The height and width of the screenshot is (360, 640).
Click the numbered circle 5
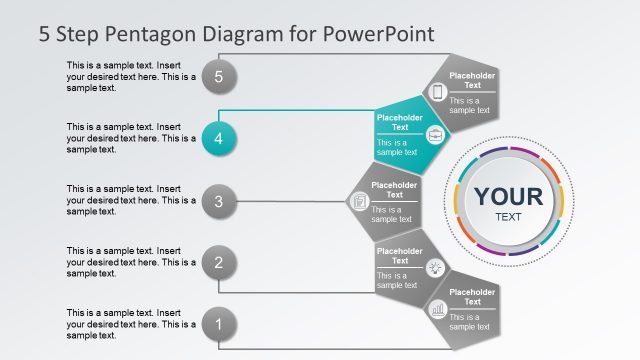point(219,75)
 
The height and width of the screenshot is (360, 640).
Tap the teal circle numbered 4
point(219,138)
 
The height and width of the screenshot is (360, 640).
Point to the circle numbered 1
point(219,324)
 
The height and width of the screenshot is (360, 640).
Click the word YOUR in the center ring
point(508,196)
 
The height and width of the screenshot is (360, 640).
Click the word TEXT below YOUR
point(508,216)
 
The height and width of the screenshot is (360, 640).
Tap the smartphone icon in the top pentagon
point(436,92)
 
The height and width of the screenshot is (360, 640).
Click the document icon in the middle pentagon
point(359,202)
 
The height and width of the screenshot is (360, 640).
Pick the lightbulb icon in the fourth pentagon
point(435,267)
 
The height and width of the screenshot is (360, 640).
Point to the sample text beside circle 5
point(130,76)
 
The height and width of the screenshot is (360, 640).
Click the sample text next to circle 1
point(130,324)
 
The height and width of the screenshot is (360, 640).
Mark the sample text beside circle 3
point(130,200)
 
